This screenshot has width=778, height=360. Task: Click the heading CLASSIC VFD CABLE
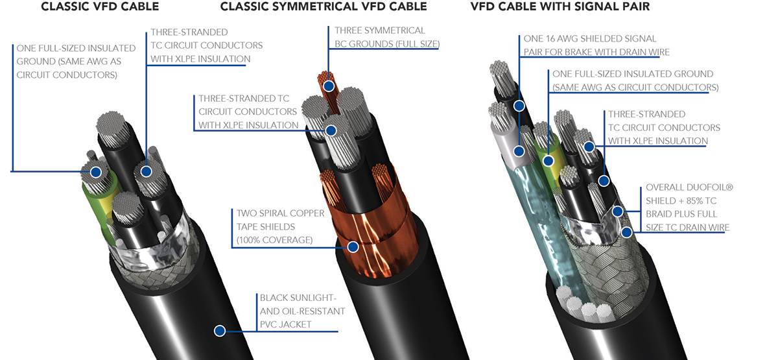[x=100, y=8]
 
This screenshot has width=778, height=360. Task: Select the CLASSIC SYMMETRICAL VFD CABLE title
[x=324, y=8]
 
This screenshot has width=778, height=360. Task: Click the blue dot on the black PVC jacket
[x=220, y=331]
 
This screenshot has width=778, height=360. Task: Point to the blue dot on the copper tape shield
[x=353, y=246]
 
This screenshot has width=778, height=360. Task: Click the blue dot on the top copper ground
[x=329, y=86]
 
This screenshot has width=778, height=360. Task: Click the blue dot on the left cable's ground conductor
[x=96, y=173]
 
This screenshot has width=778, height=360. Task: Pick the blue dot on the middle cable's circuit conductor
[x=331, y=130]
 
